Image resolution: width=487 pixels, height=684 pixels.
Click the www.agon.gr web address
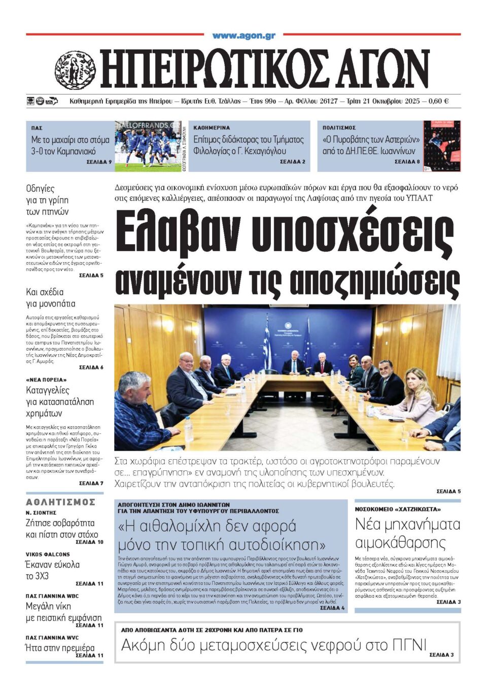243,36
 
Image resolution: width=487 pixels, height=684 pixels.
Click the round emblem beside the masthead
75,71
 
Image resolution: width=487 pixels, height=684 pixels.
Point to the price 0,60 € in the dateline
438,101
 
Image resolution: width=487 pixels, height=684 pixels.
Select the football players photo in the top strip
148,146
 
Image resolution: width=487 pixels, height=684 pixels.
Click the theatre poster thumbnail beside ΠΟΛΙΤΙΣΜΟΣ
442,146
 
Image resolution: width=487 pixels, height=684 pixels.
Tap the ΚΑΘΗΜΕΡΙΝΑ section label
212,128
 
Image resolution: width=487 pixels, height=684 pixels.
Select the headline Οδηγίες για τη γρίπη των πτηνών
47,200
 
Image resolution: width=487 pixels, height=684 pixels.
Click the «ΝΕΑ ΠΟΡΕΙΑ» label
46,380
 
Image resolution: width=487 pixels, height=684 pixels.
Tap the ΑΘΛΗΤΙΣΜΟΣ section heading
60,502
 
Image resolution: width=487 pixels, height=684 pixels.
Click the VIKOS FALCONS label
48,554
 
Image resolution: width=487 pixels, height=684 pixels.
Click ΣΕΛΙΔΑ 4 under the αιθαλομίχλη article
332,607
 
